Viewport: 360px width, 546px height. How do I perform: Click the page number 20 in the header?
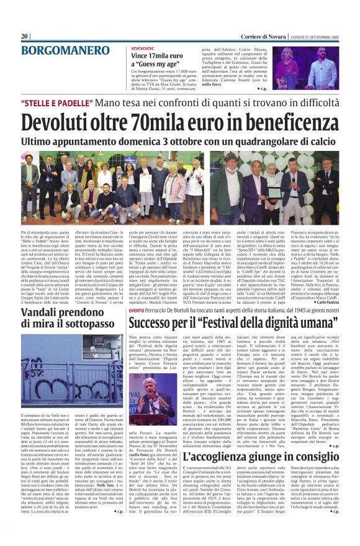point(25,37)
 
